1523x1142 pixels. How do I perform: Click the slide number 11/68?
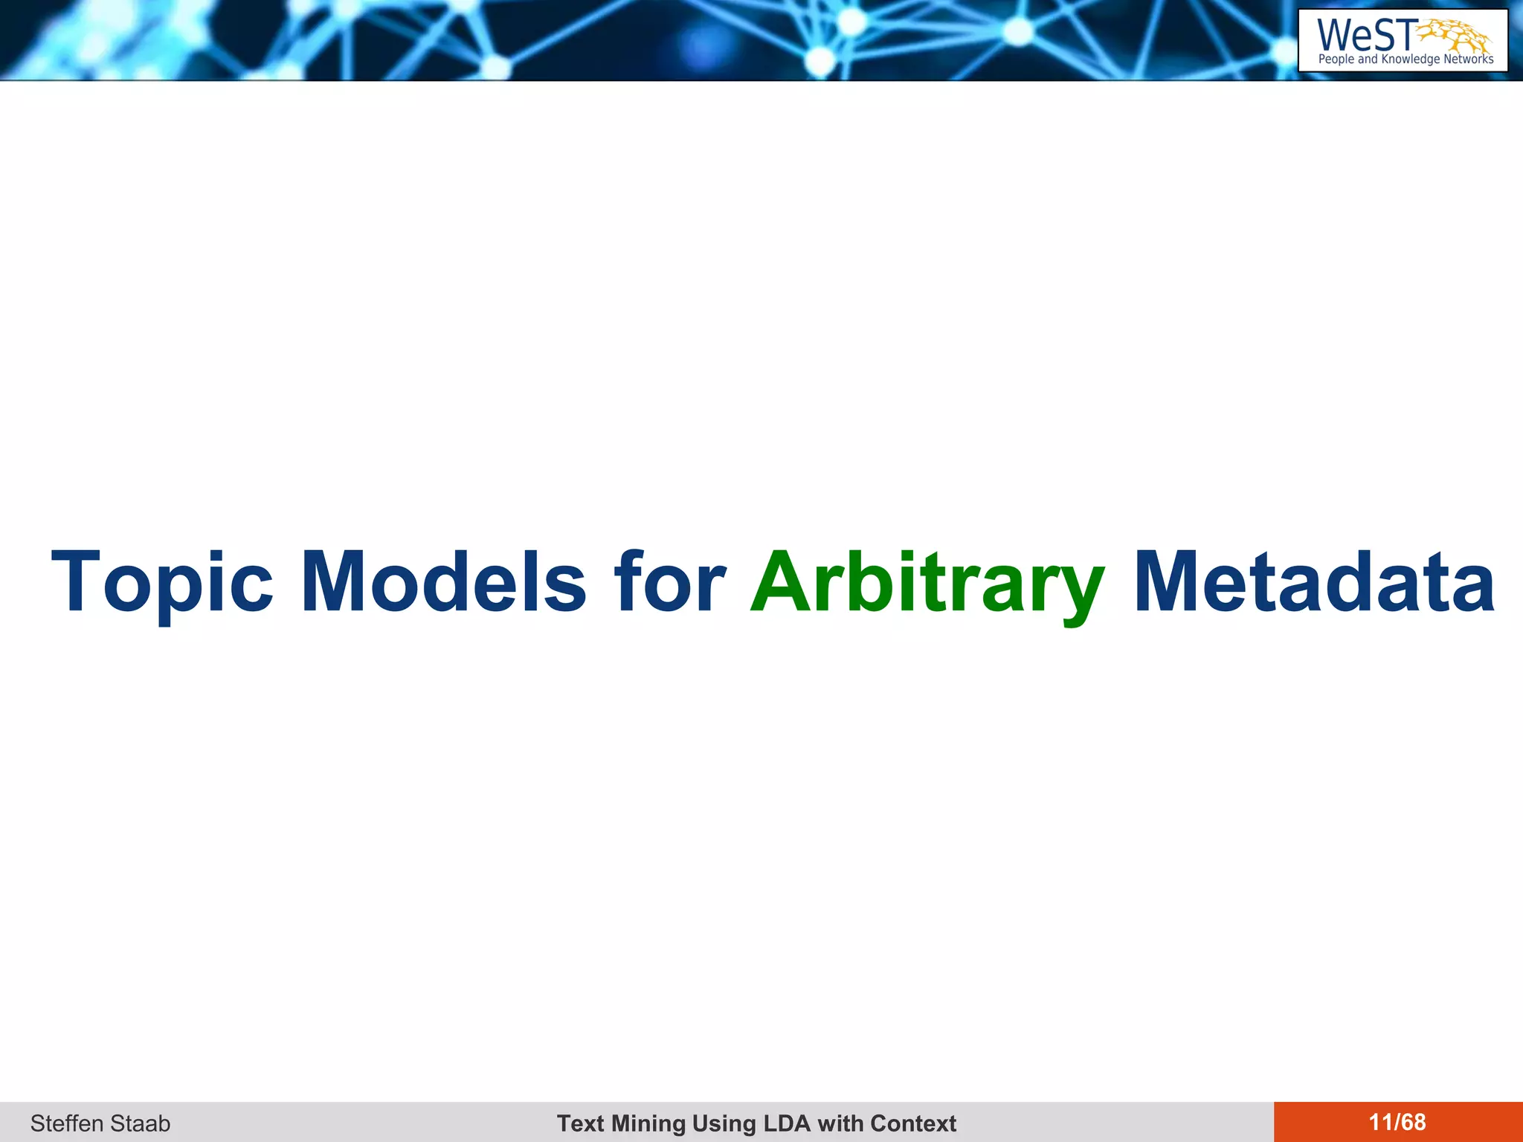click(x=1397, y=1122)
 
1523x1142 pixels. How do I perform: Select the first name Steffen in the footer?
click(x=67, y=1123)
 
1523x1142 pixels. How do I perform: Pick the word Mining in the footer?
click(x=647, y=1123)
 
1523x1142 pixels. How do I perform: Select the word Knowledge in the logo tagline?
click(x=1410, y=59)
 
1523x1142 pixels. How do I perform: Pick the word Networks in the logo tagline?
click(x=1469, y=59)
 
